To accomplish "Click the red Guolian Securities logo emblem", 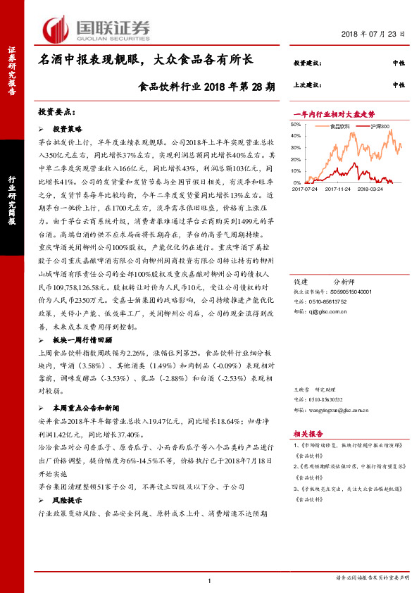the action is (x=55, y=29).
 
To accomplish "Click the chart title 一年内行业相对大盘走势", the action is (x=333, y=113).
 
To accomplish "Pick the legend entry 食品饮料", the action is (x=340, y=126).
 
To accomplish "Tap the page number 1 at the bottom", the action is (x=210, y=580).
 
